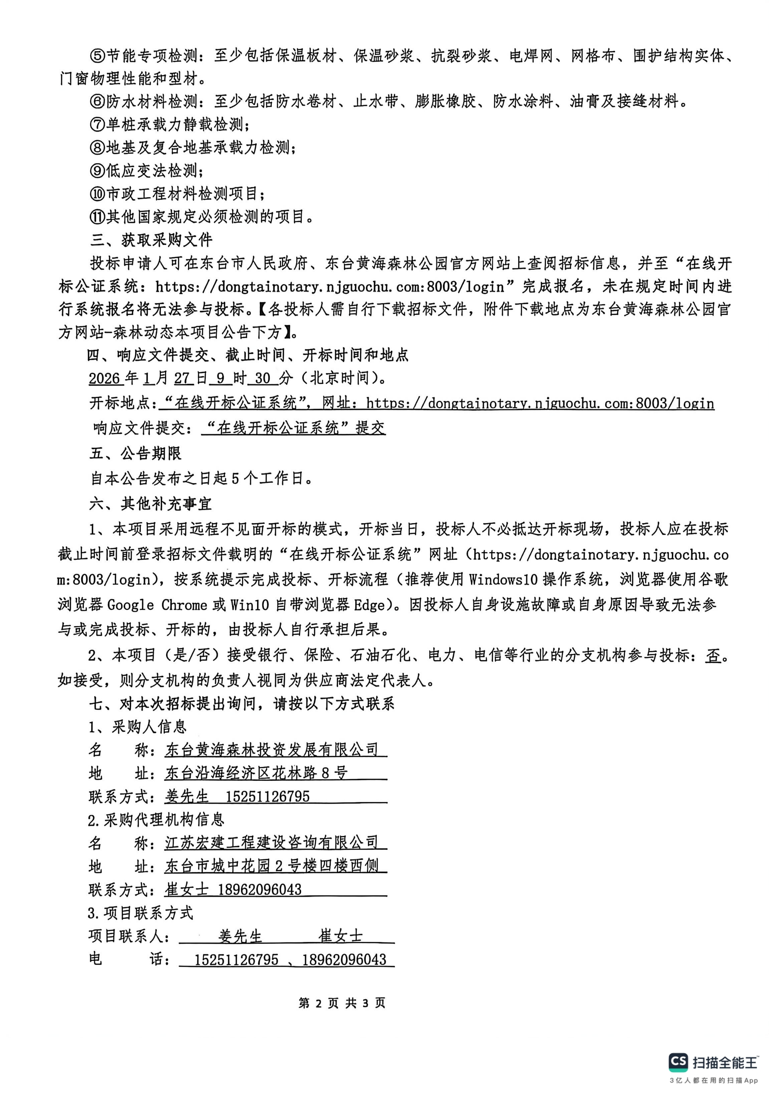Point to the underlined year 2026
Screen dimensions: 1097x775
[104, 378]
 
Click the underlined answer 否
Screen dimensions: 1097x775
[712, 656]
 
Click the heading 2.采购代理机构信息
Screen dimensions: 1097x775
[156, 820]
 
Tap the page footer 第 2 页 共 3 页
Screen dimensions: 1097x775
[342, 1003]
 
